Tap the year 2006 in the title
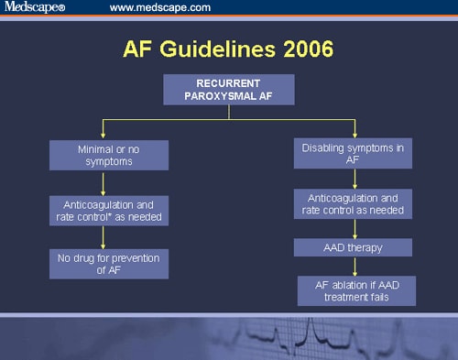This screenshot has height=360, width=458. pos(302,48)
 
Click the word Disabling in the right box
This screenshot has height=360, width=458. pos(324,147)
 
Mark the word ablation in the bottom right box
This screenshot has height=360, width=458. pos(346,284)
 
